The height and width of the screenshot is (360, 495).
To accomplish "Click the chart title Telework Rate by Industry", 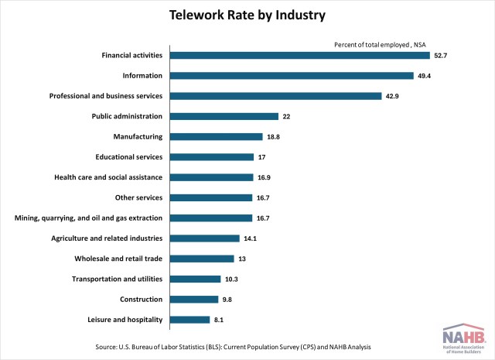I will pyautogui.click(x=247, y=15).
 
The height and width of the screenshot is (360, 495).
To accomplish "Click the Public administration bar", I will pyautogui.click(x=224, y=116).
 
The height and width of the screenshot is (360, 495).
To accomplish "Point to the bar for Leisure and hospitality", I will pyautogui.click(x=189, y=319).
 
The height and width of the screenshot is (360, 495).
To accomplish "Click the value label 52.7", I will pyautogui.click(x=441, y=55).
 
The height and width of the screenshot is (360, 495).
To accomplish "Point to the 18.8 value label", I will pyautogui.click(x=275, y=136).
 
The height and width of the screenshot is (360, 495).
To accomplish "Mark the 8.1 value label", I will pyautogui.click(x=220, y=319).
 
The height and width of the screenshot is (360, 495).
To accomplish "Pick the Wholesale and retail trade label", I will pyautogui.click(x=118, y=259).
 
